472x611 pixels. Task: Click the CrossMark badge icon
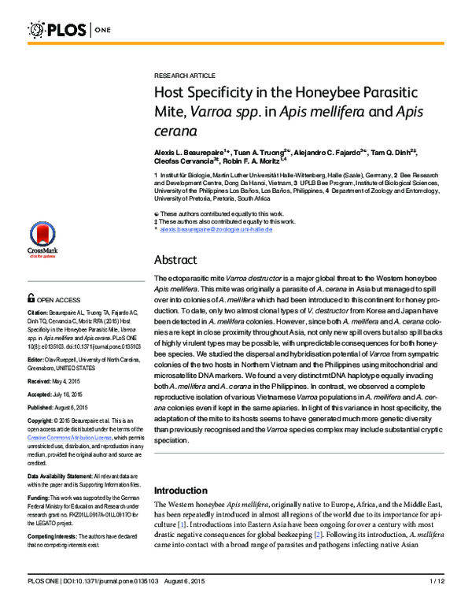(42, 239)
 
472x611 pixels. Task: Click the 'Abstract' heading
(175, 260)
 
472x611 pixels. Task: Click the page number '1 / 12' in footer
(437, 602)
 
